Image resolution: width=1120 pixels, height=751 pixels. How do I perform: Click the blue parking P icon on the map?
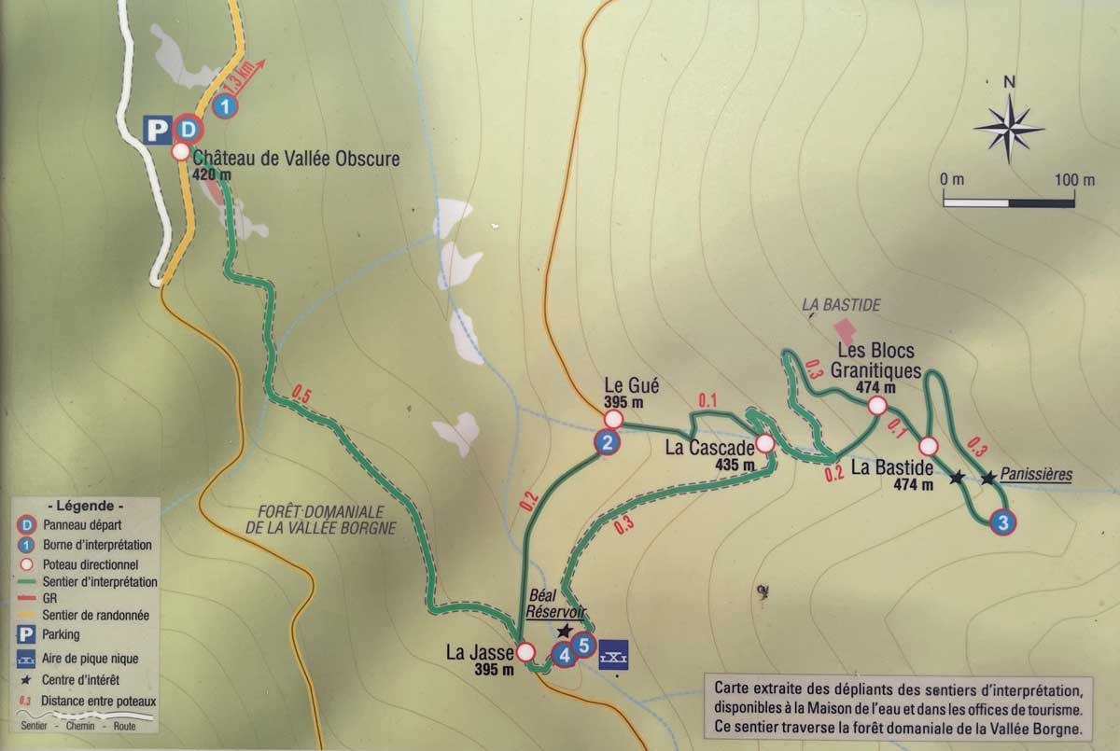pyautogui.click(x=156, y=130)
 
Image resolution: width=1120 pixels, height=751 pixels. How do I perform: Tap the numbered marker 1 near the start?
pyautogui.click(x=224, y=107)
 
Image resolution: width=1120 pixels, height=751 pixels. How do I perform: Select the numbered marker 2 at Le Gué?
pyautogui.click(x=607, y=443)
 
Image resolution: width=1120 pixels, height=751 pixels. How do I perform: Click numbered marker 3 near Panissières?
pyautogui.click(x=1002, y=523)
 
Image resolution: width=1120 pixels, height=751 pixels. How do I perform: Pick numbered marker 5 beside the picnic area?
pyautogui.click(x=583, y=643)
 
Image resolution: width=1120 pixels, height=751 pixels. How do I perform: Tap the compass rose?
pyautogui.click(x=1008, y=123)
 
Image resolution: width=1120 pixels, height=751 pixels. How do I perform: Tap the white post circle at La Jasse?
pyautogui.click(x=526, y=651)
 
